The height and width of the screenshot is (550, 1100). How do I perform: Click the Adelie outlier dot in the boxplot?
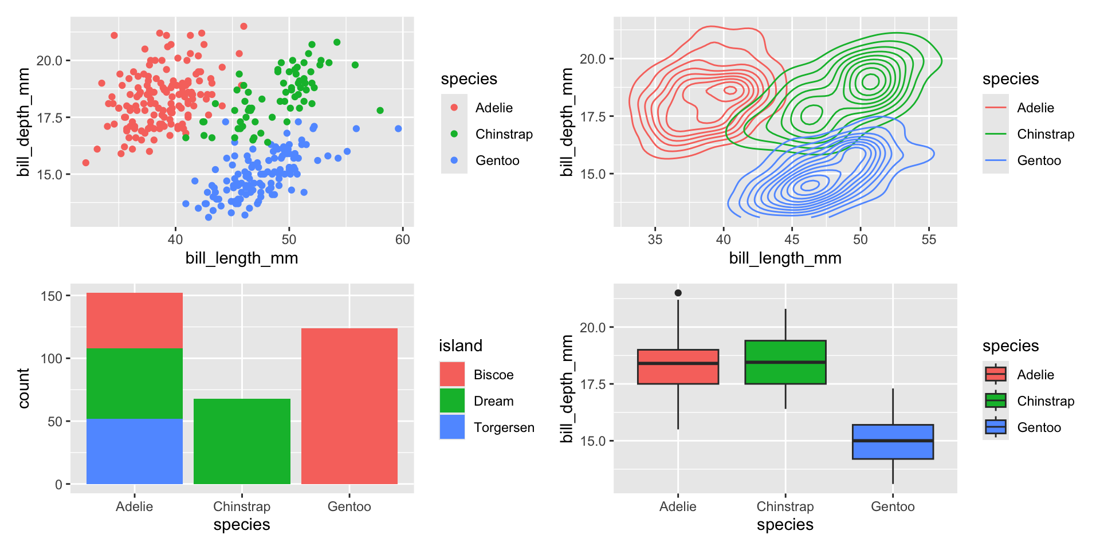click(x=678, y=293)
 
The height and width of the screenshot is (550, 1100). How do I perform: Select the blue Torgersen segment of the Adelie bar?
click(x=135, y=451)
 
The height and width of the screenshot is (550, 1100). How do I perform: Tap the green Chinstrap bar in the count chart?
click(x=242, y=441)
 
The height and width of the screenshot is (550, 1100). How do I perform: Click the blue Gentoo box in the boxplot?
click(x=893, y=442)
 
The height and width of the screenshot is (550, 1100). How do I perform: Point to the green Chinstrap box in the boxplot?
click(x=785, y=362)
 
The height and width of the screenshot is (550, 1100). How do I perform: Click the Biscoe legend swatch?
click(x=452, y=374)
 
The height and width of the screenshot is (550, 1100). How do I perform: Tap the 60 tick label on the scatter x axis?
click(x=403, y=239)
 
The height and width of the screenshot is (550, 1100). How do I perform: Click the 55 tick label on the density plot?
click(x=929, y=239)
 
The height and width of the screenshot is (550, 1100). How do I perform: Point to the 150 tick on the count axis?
click(x=52, y=296)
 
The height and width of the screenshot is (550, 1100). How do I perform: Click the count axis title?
click(x=23, y=388)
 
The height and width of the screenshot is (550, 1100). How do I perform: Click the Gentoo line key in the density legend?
click(x=995, y=160)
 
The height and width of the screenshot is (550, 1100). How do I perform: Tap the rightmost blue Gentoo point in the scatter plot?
click(x=398, y=128)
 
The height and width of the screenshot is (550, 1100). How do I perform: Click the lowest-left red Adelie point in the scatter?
click(x=86, y=163)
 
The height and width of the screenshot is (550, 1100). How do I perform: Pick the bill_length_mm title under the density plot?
click(x=785, y=258)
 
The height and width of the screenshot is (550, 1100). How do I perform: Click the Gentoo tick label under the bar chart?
click(x=349, y=506)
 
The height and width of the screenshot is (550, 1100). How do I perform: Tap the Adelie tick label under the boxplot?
click(x=678, y=506)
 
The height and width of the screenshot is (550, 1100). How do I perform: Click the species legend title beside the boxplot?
click(x=1010, y=345)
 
